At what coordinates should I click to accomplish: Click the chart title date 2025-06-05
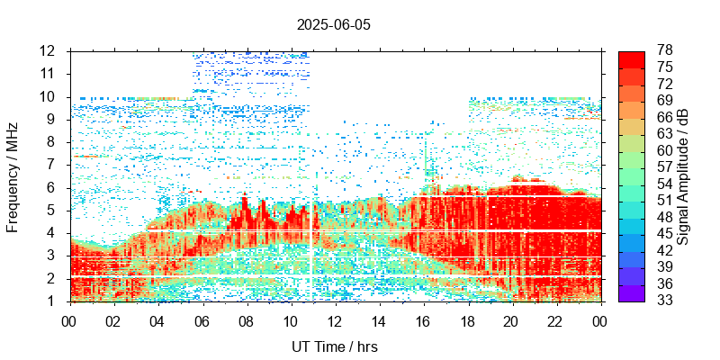click(333, 24)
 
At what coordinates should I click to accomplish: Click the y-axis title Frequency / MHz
click(13, 176)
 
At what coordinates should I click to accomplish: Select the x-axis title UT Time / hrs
click(334, 346)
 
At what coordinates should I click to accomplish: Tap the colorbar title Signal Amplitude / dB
click(683, 176)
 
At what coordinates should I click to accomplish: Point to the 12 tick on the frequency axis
click(48, 50)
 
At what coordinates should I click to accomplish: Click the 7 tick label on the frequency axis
click(52, 165)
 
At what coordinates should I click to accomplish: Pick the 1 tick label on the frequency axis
click(52, 301)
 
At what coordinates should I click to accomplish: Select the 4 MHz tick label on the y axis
click(52, 233)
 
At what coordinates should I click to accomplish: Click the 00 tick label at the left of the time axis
click(69, 321)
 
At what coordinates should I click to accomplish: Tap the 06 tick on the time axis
click(202, 321)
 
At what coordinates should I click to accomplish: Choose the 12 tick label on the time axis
click(335, 321)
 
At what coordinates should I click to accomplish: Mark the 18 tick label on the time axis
click(468, 321)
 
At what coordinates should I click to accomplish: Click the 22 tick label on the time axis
click(556, 321)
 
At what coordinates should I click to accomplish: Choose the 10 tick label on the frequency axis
click(48, 96)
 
